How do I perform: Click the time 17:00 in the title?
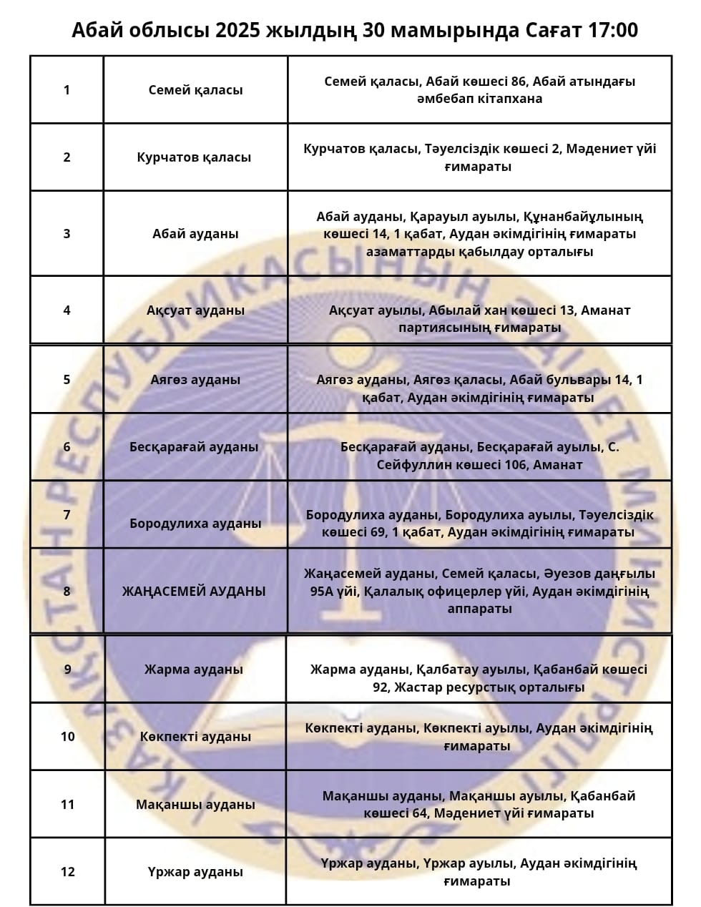coord(614,30)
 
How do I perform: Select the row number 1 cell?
coord(67,90)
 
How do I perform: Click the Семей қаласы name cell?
coord(195,90)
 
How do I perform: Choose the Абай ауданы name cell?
coord(195,234)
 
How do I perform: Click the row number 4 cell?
coord(67,310)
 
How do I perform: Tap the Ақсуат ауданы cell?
coord(195,310)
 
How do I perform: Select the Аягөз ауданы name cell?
coord(195,380)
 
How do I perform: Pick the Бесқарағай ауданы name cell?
coord(194,447)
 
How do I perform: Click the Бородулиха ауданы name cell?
coord(195,524)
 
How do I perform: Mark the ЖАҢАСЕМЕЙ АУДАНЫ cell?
coord(194,592)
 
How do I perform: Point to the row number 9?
coord(68,670)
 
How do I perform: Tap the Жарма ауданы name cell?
coord(194,670)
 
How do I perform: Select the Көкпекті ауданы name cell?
coord(195,737)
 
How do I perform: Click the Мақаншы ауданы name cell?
coord(195,805)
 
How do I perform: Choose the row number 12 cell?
coord(68,872)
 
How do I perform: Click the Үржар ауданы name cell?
coord(195,872)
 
